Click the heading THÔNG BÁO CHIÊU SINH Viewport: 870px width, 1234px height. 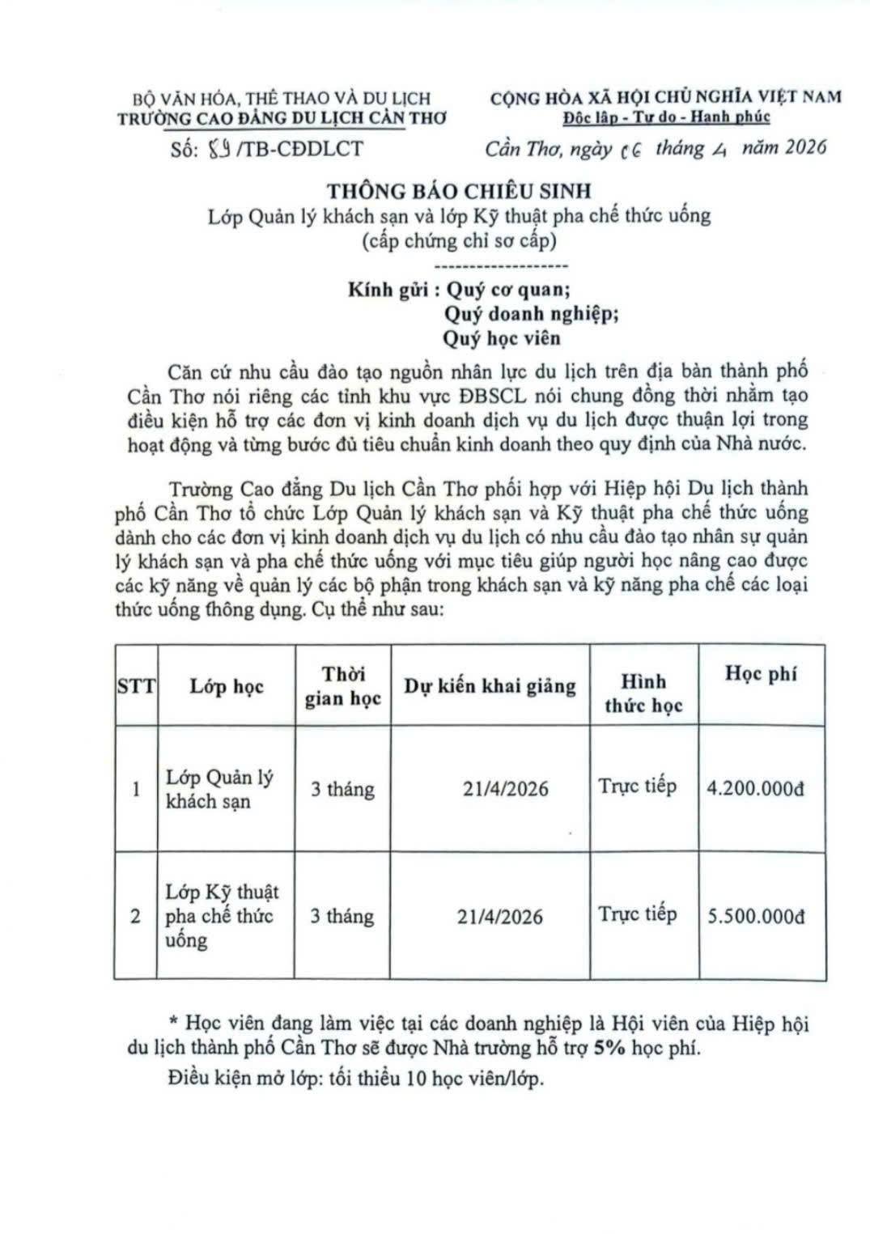[x=459, y=191]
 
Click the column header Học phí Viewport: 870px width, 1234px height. [x=761, y=674]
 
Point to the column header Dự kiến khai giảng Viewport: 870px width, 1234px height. [x=490, y=686]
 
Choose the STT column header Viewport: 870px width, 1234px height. [x=136, y=686]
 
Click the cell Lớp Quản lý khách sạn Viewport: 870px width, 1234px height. [x=219, y=789]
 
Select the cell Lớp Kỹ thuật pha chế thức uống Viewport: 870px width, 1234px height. [x=222, y=916]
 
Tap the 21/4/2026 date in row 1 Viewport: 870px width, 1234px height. [x=505, y=788]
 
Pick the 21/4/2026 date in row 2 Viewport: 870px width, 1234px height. [x=499, y=917]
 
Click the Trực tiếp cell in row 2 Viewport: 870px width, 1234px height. [x=637, y=914]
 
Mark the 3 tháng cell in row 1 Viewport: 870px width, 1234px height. [x=342, y=789]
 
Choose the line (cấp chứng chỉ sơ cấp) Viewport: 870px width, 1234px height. [x=459, y=240]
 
